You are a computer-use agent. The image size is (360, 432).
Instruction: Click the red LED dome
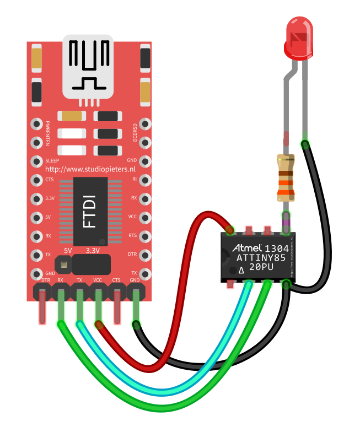[299, 40]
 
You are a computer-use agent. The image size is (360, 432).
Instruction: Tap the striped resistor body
[286, 178]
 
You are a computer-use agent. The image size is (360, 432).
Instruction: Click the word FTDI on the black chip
[89, 211]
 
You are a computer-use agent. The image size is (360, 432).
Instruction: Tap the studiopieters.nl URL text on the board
[90, 169]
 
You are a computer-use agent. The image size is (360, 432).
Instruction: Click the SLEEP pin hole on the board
[37, 161]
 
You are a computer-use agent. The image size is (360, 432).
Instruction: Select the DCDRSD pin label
[135, 132]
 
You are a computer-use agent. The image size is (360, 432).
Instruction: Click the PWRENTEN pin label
[48, 133]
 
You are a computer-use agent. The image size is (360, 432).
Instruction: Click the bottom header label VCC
[98, 280]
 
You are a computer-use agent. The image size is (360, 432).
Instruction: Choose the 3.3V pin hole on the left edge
[37, 198]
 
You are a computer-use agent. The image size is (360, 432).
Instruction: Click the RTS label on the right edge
[133, 235]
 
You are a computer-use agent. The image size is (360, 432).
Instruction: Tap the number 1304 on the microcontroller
[276, 249]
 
